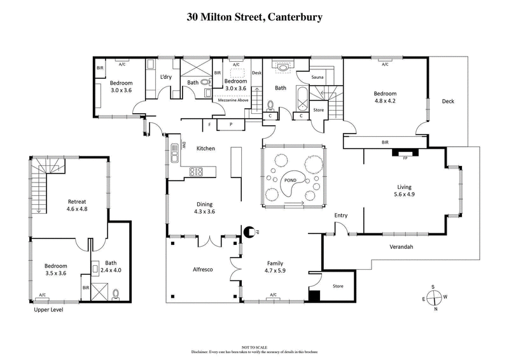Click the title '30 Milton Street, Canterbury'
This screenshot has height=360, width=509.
point(254,15)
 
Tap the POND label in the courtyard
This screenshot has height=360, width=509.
point(293,181)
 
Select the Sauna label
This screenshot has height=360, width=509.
point(318,77)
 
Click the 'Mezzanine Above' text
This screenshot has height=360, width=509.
point(233,100)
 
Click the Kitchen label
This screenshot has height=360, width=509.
point(206,148)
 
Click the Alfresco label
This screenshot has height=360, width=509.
point(202,270)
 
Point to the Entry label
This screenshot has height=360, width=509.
point(341,216)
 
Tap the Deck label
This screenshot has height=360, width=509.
point(448,100)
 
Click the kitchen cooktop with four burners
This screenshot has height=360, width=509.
point(196,170)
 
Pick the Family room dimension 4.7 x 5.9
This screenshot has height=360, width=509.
point(275,270)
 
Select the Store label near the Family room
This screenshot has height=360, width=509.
point(337,286)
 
